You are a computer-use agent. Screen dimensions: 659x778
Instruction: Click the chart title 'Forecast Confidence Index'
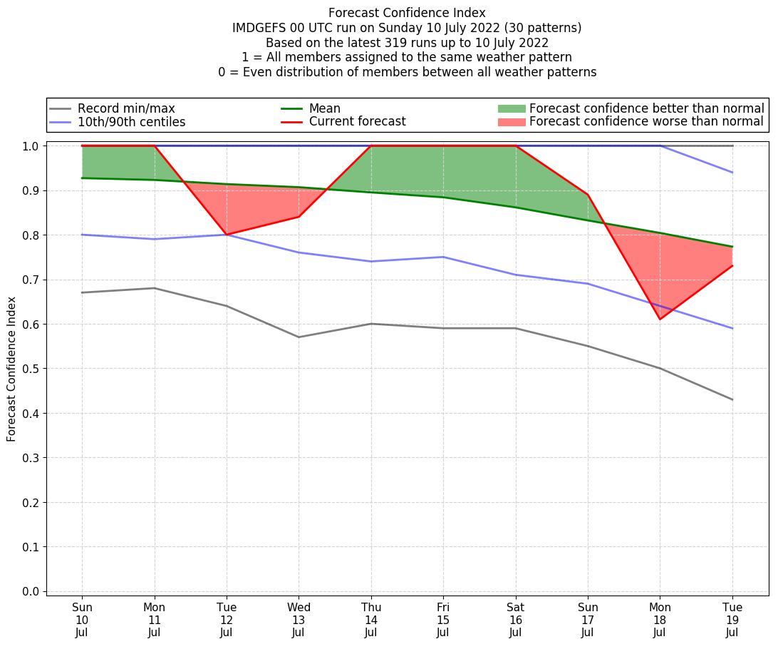point(407,13)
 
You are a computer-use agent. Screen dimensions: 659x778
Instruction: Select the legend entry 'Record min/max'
point(126,108)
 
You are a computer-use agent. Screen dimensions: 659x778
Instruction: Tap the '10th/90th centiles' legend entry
point(131,122)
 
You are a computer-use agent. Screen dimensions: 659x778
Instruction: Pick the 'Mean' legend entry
point(324,108)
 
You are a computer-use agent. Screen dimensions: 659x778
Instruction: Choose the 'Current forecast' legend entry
point(357,122)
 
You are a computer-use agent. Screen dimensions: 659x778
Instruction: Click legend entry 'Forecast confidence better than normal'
point(646,108)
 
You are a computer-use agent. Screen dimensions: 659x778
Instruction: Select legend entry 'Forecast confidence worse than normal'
point(646,122)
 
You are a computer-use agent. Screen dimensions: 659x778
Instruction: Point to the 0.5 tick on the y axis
point(31,369)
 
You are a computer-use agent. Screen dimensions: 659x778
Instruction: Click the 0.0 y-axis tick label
point(31,591)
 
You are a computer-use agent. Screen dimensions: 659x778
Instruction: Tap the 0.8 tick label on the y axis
point(31,235)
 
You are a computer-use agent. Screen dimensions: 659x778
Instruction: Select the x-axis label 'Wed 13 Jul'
point(299,619)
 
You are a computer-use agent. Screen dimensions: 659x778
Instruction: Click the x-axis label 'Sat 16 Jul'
point(515,619)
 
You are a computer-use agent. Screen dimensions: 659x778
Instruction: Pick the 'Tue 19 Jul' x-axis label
point(732,619)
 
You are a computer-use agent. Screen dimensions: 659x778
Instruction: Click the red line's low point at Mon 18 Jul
point(660,319)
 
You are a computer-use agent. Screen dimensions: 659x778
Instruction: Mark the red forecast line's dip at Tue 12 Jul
point(227,235)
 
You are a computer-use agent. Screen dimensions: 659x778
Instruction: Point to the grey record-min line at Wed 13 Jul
point(299,337)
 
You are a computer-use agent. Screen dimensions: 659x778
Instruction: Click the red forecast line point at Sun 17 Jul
point(588,195)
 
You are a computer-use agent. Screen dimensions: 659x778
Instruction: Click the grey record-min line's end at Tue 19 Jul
point(732,399)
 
